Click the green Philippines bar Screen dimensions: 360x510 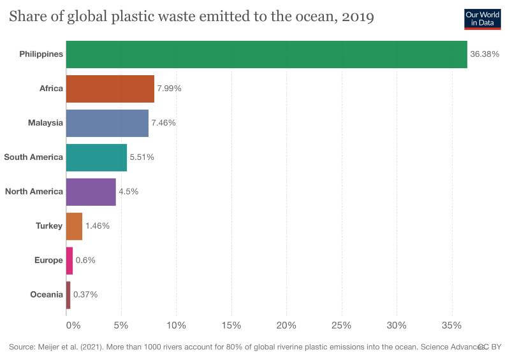tap(266, 55)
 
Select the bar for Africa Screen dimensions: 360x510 tap(110, 89)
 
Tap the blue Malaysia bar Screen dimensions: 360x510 tap(107, 123)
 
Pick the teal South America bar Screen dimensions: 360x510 tap(96, 157)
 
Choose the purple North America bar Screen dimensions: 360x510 tap(91, 192)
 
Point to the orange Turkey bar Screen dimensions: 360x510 tap(74, 226)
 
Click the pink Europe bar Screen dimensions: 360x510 tap(69, 261)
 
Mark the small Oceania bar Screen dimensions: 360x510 tap(68, 295)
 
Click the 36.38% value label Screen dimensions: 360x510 tap(484, 55)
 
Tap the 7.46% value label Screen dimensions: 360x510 tap(163, 123)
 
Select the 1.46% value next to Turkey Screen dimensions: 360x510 tap(98, 226)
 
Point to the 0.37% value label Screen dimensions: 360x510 tap(85, 295)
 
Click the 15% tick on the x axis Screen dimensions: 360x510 tap(231, 326)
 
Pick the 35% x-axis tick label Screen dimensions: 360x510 tap(452, 326)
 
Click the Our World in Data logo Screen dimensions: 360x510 tap(482, 19)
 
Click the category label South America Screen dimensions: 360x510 tap(34, 157)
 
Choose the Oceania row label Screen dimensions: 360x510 tap(47, 295)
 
